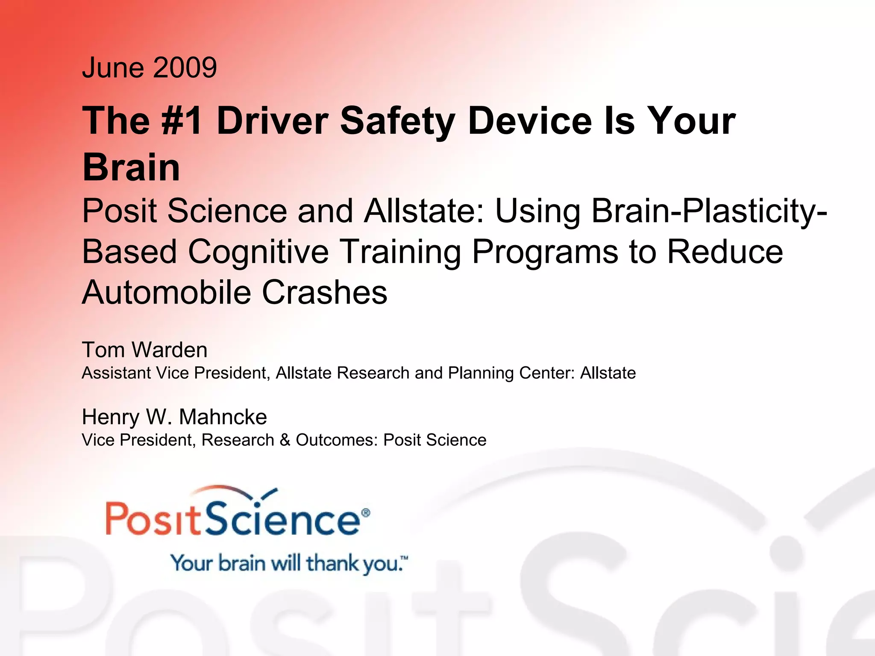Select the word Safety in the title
[x=397, y=121]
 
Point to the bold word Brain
[x=131, y=167]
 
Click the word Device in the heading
[x=530, y=121]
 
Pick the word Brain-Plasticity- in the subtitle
[x=709, y=211]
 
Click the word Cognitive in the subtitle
[x=258, y=252]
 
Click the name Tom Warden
[x=144, y=350]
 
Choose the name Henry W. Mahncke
[x=174, y=417]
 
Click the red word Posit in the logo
[x=153, y=519]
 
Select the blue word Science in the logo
[x=282, y=519]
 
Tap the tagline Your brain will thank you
[x=288, y=563]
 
